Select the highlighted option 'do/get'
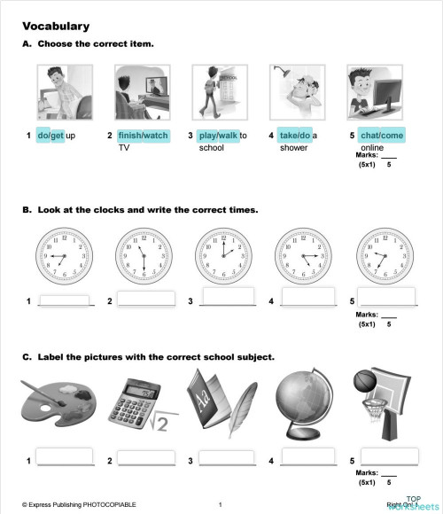[51, 136]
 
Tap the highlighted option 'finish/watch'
[143, 136]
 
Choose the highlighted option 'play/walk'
[219, 136]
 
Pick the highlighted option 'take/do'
[294, 136]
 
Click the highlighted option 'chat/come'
[382, 136]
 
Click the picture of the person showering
[298, 92]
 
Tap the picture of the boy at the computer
[375, 92]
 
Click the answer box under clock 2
[145, 298]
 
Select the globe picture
[302, 399]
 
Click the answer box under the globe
[307, 456]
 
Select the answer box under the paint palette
[65, 456]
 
